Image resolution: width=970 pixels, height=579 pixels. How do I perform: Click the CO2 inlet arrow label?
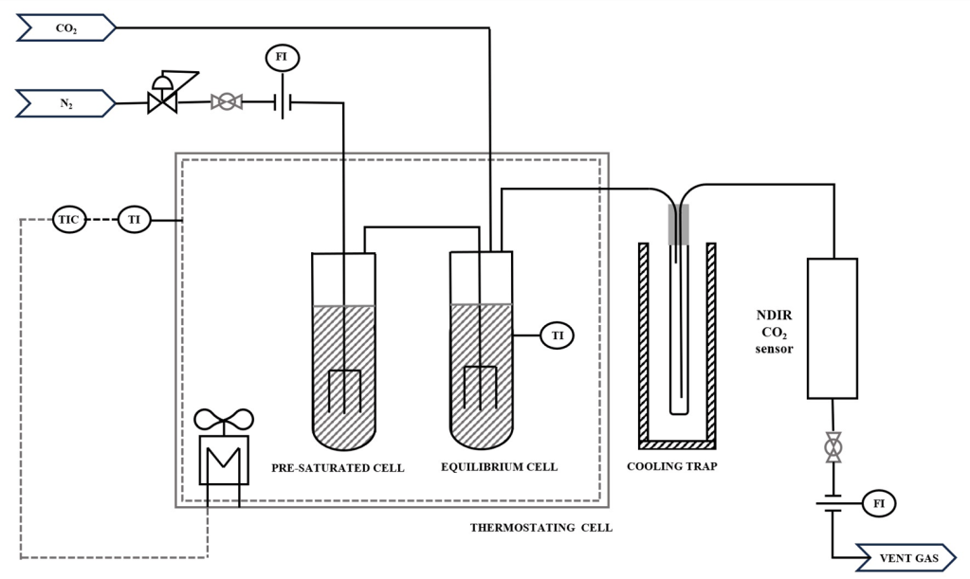point(66,27)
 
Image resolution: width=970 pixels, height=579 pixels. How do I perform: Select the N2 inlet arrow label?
point(66,103)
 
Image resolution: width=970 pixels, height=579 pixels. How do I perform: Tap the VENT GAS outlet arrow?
point(906,558)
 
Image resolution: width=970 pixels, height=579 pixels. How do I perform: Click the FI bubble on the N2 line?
point(283,58)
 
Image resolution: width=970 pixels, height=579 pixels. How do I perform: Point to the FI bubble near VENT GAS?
point(878,503)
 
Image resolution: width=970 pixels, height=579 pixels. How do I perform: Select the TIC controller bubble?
point(68,219)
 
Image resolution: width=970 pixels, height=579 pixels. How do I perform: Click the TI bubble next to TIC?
point(135,219)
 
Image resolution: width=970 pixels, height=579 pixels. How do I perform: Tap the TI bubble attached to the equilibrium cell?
point(558,335)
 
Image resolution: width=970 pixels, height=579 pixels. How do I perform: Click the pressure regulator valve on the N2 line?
point(167,93)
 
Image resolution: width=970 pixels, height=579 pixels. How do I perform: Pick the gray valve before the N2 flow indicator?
point(227,102)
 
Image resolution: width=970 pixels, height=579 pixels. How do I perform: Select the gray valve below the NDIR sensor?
point(833,446)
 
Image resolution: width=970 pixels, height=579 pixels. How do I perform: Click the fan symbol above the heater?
point(224,420)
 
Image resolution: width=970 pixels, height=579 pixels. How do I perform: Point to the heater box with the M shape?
point(224,460)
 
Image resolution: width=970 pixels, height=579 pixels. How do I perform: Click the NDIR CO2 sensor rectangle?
point(833,328)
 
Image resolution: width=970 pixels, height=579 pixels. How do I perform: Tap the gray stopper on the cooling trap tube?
point(679,224)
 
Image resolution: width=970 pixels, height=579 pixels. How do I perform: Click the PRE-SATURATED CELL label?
point(338,468)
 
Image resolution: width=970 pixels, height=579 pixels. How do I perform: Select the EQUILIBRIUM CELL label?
point(500,466)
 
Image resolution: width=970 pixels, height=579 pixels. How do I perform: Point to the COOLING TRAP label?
point(672,466)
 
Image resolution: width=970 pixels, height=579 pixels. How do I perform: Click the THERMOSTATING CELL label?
point(541,527)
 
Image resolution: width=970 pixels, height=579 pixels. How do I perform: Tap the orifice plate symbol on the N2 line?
point(283,102)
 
